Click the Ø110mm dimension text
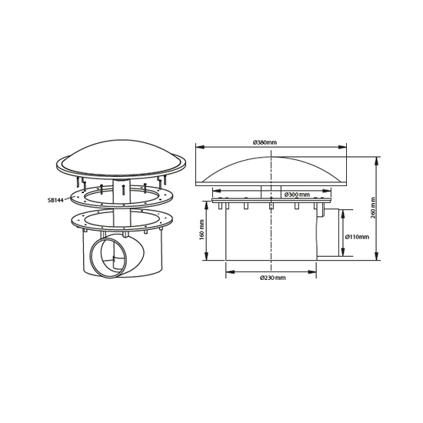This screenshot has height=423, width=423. point(358,236)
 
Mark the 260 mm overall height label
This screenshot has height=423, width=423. point(386,208)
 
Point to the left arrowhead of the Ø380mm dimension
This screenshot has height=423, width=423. point(198,148)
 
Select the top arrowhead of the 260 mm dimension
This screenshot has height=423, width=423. point(377,159)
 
